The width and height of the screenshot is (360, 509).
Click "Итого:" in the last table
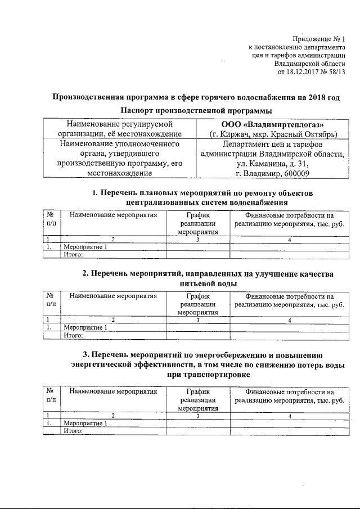(74, 431)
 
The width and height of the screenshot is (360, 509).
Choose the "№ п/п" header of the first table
(51, 219)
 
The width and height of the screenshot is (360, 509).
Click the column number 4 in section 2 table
(289, 320)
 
